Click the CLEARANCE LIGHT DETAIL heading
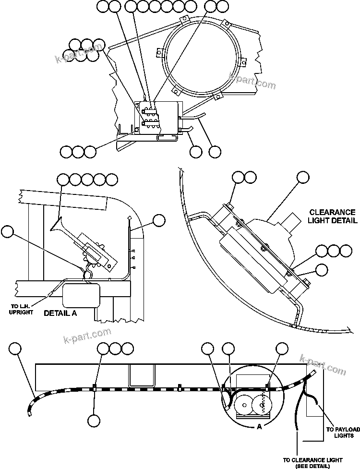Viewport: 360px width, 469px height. click(x=333, y=216)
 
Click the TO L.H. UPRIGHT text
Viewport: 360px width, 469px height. click(x=22, y=310)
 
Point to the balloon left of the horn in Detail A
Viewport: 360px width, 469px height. click(x=7, y=232)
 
